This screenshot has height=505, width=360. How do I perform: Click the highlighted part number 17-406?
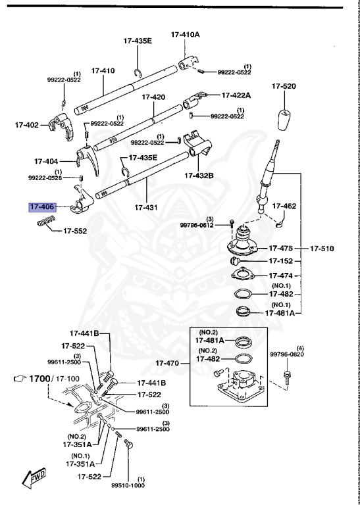point(41,207)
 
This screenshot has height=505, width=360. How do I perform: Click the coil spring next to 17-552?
point(45,224)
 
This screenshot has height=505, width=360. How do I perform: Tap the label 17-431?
point(146,207)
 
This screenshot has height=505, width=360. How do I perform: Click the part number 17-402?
point(27,124)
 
